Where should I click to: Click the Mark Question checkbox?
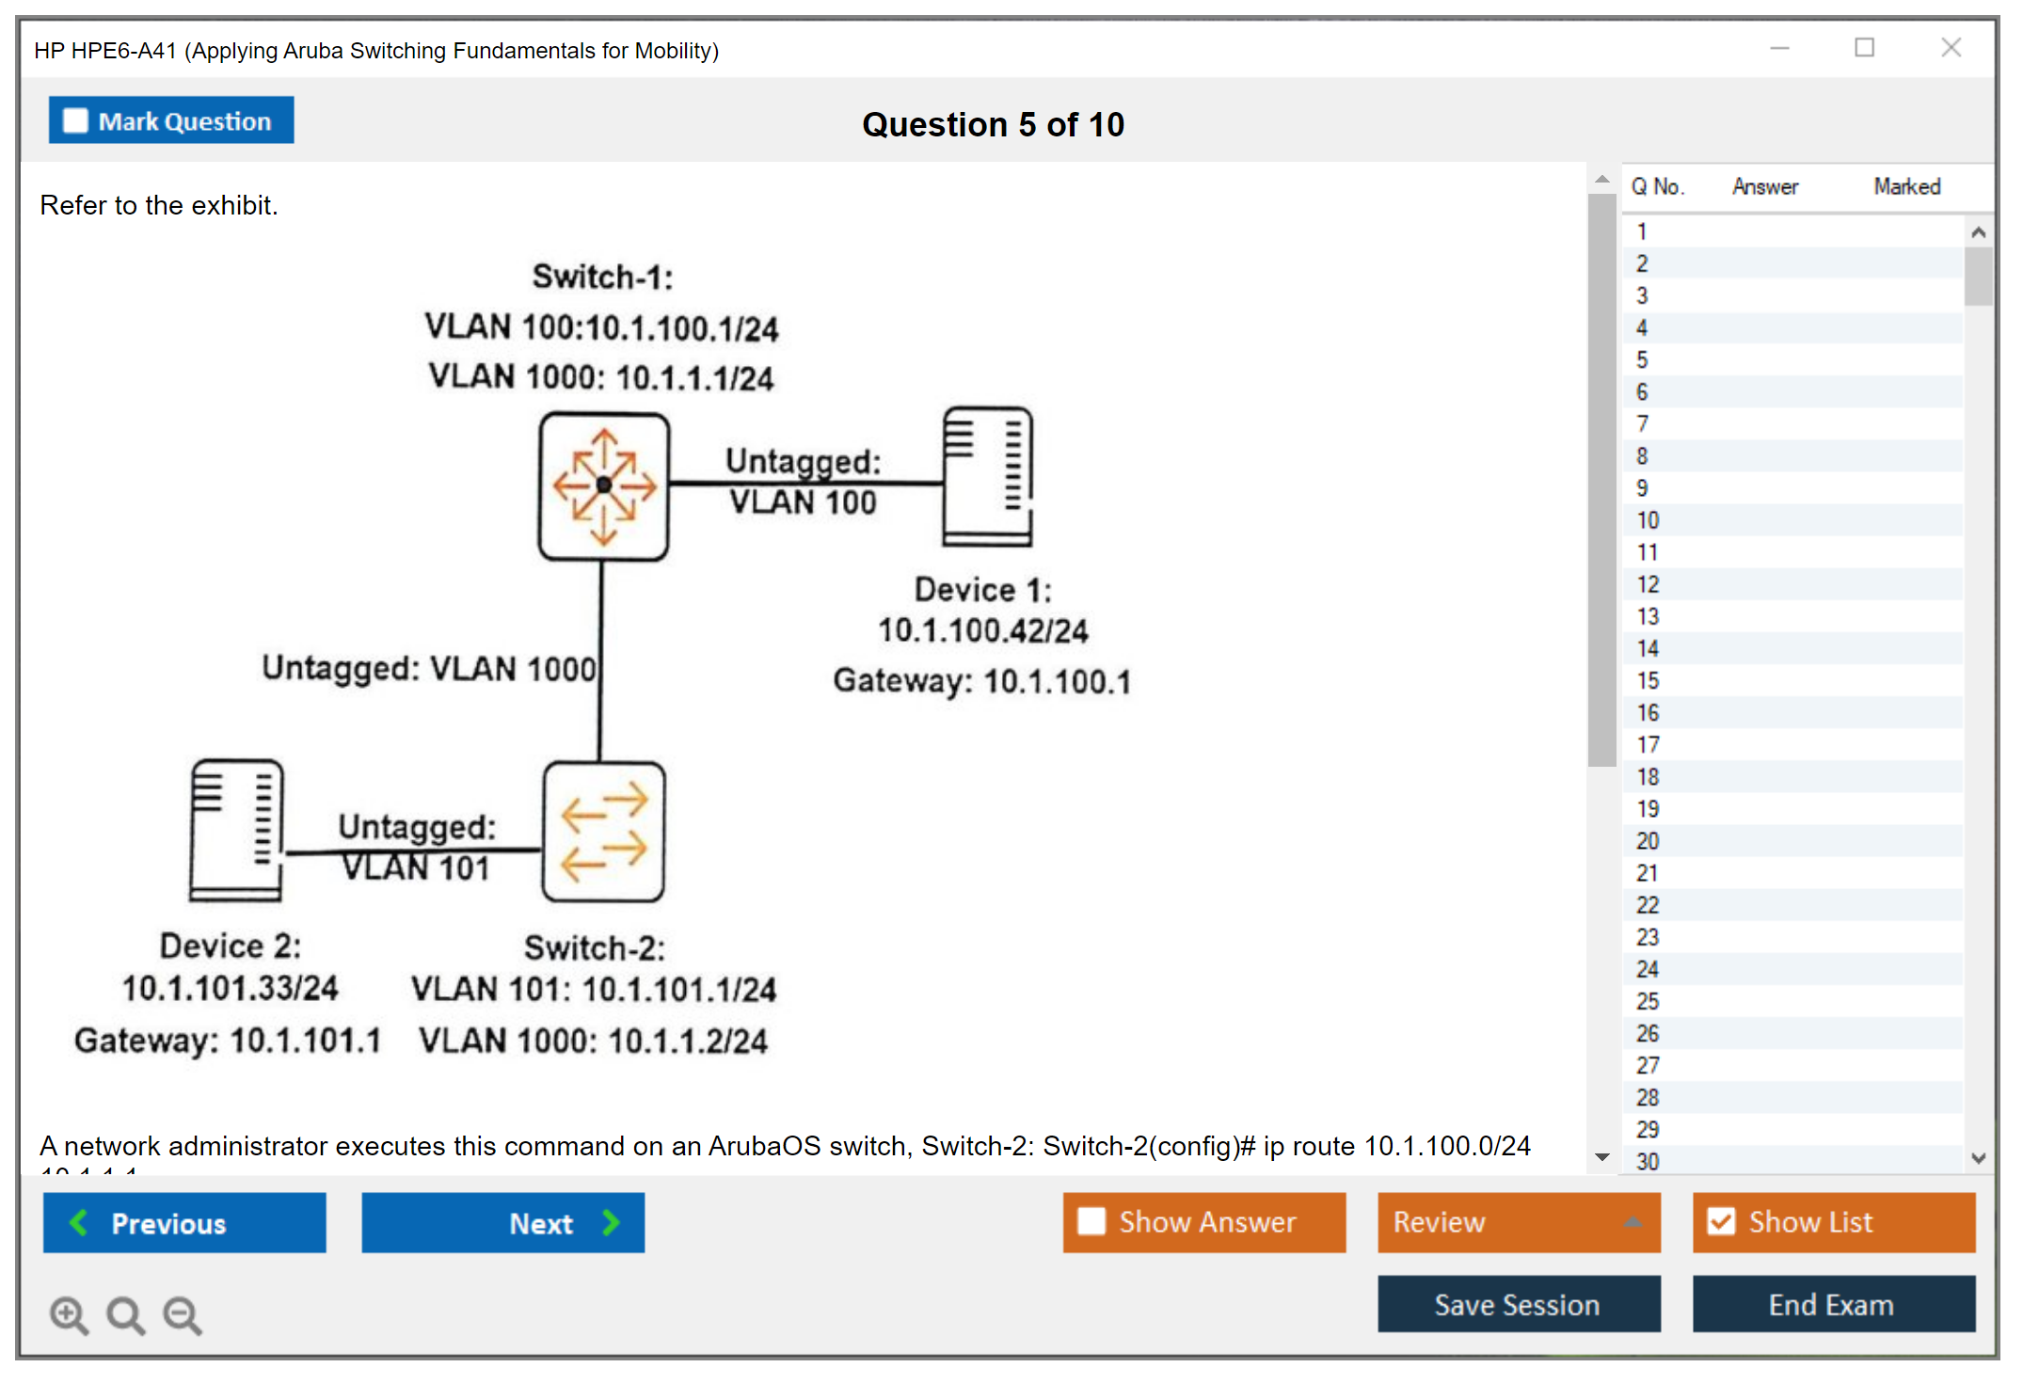point(76,121)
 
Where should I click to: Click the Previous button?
point(184,1222)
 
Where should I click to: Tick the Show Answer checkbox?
point(1091,1221)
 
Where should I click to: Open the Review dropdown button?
point(1518,1222)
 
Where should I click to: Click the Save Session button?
point(1518,1304)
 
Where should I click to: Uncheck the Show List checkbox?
point(1721,1221)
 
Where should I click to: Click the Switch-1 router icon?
point(604,486)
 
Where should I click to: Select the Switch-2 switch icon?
point(604,832)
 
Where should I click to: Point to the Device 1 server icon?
point(987,476)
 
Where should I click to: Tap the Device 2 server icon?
point(236,830)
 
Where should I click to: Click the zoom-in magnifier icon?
point(69,1314)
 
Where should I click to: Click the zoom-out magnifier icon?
point(182,1314)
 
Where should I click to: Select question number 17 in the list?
point(1648,745)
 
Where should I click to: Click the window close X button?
point(1951,47)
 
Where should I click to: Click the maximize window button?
point(1864,47)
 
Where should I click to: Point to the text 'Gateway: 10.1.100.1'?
point(981,680)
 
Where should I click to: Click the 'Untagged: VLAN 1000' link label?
point(428,668)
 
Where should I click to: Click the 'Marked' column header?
point(1906,186)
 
